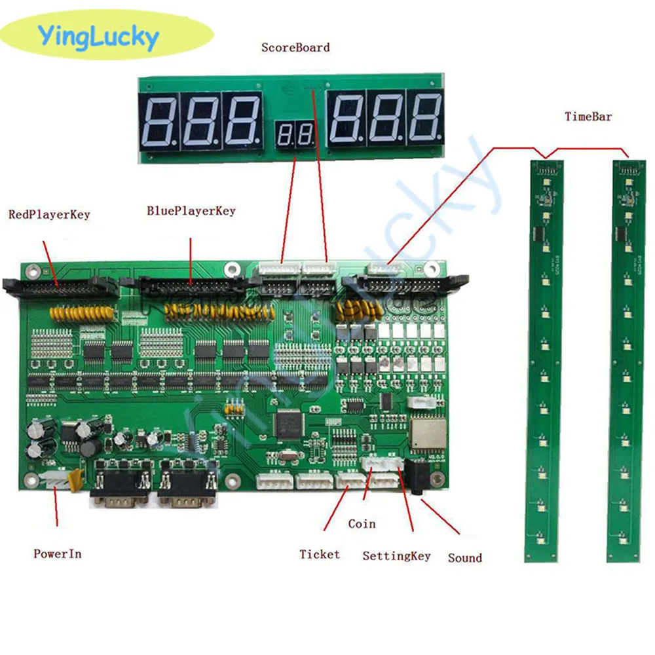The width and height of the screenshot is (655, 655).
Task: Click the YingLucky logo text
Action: [98, 37]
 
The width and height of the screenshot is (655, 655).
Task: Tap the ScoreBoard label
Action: [295, 48]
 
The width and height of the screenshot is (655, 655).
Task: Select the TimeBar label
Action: [588, 117]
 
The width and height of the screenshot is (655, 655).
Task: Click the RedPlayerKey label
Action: [48, 215]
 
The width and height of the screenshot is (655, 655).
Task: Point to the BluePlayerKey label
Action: [191, 211]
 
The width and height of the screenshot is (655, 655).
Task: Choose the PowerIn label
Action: [58, 553]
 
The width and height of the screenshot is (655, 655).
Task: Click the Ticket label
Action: [320, 555]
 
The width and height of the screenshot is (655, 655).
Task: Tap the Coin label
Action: [362, 523]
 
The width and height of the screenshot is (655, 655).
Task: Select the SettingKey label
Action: [396, 556]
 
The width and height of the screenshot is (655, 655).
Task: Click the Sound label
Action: [464, 558]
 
